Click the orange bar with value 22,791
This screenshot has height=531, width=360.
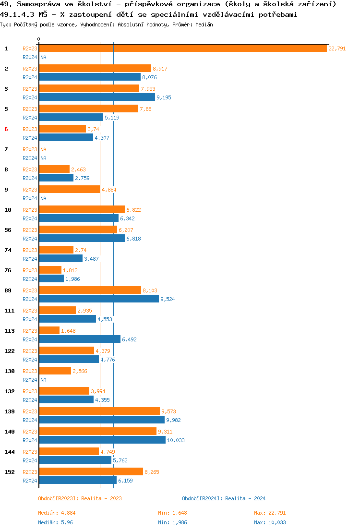point(183,48)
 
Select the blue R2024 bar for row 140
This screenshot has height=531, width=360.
point(102,440)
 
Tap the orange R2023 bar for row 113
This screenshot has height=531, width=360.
point(49,330)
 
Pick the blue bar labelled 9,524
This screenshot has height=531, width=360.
point(99,299)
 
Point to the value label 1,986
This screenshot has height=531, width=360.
point(72,279)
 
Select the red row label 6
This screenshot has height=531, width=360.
point(6,129)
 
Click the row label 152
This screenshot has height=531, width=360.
point(9,472)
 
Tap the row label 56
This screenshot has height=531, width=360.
point(8,230)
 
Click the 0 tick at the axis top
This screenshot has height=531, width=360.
point(39,39)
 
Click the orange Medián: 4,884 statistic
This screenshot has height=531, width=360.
point(56,513)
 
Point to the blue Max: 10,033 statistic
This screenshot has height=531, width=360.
point(270,522)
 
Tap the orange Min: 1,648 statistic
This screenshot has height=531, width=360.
point(170,513)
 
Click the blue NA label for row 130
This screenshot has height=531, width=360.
point(43,380)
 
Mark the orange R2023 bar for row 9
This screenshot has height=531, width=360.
point(70,189)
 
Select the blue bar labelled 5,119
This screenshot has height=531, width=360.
point(71,117)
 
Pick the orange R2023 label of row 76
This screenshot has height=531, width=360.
point(30,270)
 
